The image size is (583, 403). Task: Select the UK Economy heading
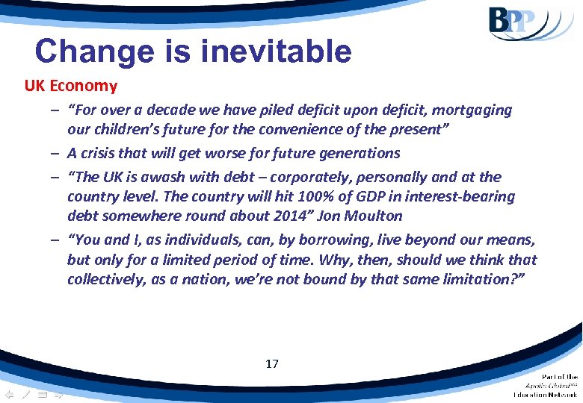click(71, 86)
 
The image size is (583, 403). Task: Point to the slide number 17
click(272, 364)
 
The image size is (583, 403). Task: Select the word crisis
click(98, 153)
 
